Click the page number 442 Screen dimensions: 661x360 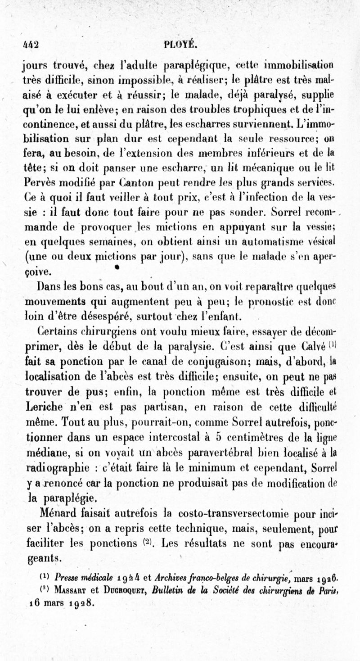pyautogui.click(x=31, y=45)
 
